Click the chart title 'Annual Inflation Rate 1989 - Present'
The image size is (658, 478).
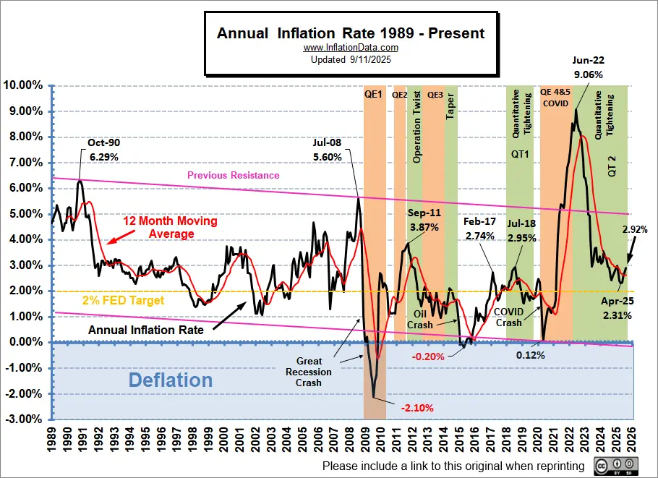[x=351, y=33]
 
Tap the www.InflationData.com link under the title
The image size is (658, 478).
[x=351, y=48]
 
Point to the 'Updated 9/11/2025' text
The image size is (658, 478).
[x=351, y=59]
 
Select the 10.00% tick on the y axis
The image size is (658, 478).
[x=25, y=85]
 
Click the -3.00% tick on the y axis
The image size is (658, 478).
[x=25, y=419]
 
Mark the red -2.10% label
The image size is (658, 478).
[x=416, y=408]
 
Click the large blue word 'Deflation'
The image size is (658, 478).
[x=171, y=380]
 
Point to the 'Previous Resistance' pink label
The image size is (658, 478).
[x=233, y=175]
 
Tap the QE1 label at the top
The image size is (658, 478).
[x=374, y=94]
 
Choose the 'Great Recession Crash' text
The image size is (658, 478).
[x=314, y=372]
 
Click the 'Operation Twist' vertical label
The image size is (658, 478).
[x=416, y=128]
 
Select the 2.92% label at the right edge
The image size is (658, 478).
[x=634, y=230]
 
